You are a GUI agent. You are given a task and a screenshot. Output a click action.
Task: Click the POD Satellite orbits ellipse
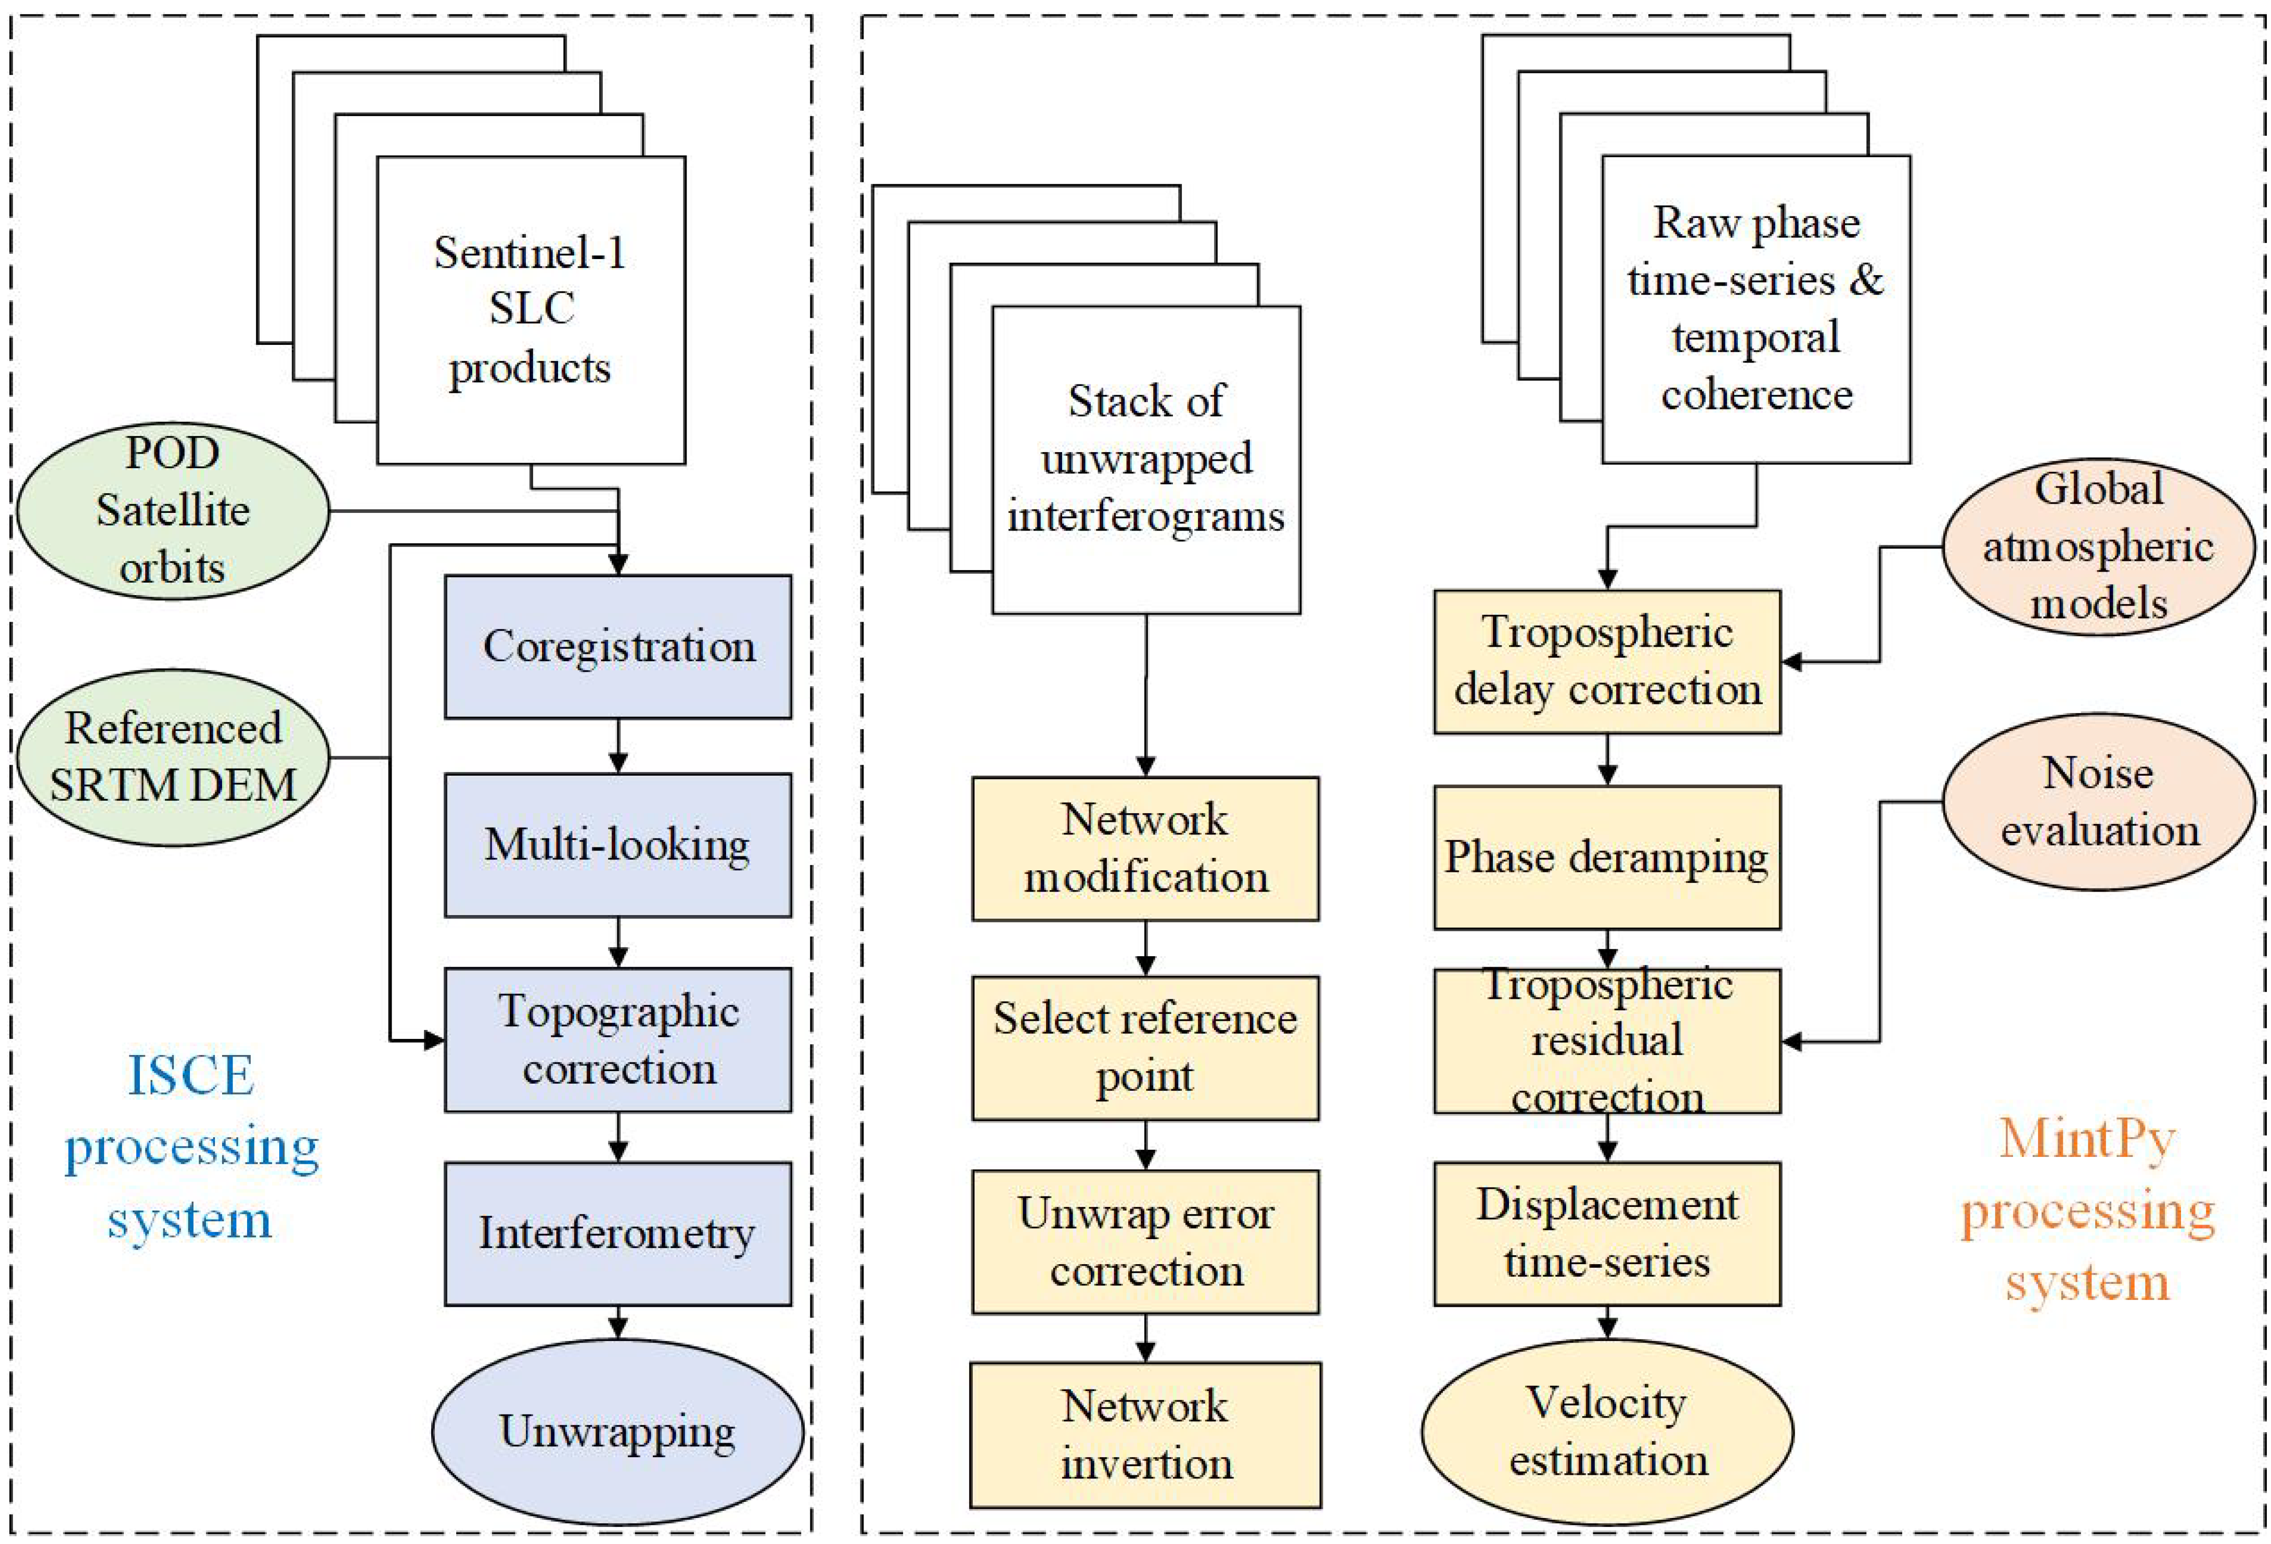tap(173, 510)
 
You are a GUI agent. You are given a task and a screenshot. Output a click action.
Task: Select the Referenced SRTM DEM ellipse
tap(173, 757)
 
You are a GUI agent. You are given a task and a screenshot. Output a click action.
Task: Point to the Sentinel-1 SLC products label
tap(530, 310)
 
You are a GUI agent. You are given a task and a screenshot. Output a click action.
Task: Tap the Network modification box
tap(1145, 848)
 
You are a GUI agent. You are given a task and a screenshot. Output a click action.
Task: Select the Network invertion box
tap(1145, 1435)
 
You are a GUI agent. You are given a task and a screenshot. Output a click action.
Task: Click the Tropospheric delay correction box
tap(1607, 662)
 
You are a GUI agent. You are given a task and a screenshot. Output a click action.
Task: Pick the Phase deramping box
tap(1607, 857)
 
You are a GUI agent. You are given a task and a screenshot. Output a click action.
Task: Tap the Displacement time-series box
tap(1607, 1233)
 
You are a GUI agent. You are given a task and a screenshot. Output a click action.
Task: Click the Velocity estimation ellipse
tap(1607, 1432)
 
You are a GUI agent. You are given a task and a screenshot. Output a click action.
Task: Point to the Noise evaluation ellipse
tap(2097, 801)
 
